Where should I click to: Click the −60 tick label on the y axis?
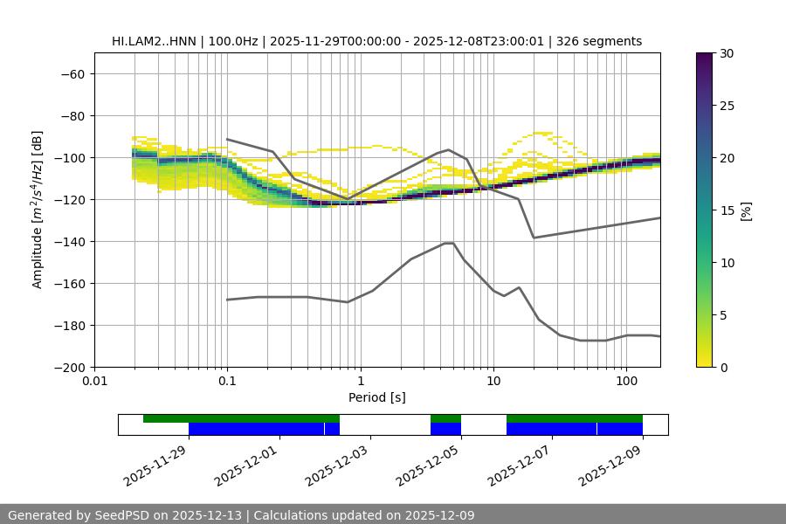tap(72, 73)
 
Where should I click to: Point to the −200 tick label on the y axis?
tap(69, 367)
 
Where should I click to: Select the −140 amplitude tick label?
tap(69, 241)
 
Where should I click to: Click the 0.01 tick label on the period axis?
tap(94, 382)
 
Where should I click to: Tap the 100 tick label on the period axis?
tap(626, 382)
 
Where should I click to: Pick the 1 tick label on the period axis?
tap(360, 382)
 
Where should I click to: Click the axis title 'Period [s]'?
tap(376, 397)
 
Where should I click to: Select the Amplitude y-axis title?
tap(38, 210)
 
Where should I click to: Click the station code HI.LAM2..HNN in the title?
tap(153, 41)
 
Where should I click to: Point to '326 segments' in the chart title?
tap(603, 41)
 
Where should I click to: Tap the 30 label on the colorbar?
tap(727, 53)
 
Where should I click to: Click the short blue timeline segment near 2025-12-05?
tap(445, 429)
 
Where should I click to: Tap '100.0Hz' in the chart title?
tap(238, 41)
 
